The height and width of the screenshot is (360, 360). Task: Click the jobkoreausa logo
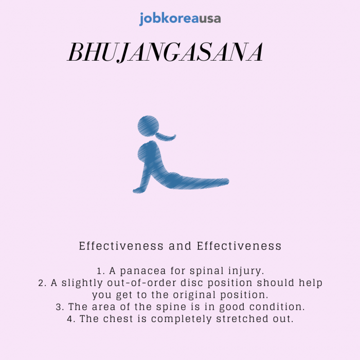[180, 19]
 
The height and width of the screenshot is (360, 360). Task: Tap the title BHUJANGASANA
[165, 52]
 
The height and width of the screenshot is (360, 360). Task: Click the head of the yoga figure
[148, 126]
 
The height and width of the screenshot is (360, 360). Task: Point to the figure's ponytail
[166, 136]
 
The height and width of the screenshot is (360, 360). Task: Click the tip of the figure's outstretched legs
[228, 182]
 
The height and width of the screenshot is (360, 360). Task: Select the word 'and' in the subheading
[180, 246]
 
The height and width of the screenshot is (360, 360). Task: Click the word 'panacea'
[143, 271]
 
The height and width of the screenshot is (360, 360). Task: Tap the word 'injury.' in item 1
[246, 271]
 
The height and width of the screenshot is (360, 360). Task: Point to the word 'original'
[194, 295]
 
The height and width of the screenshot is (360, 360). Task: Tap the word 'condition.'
[277, 307]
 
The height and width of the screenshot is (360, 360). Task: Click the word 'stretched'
[242, 319]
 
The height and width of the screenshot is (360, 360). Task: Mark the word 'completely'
[182, 319]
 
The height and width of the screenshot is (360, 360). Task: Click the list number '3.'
[60, 307]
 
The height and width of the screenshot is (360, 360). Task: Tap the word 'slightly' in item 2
[82, 283]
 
